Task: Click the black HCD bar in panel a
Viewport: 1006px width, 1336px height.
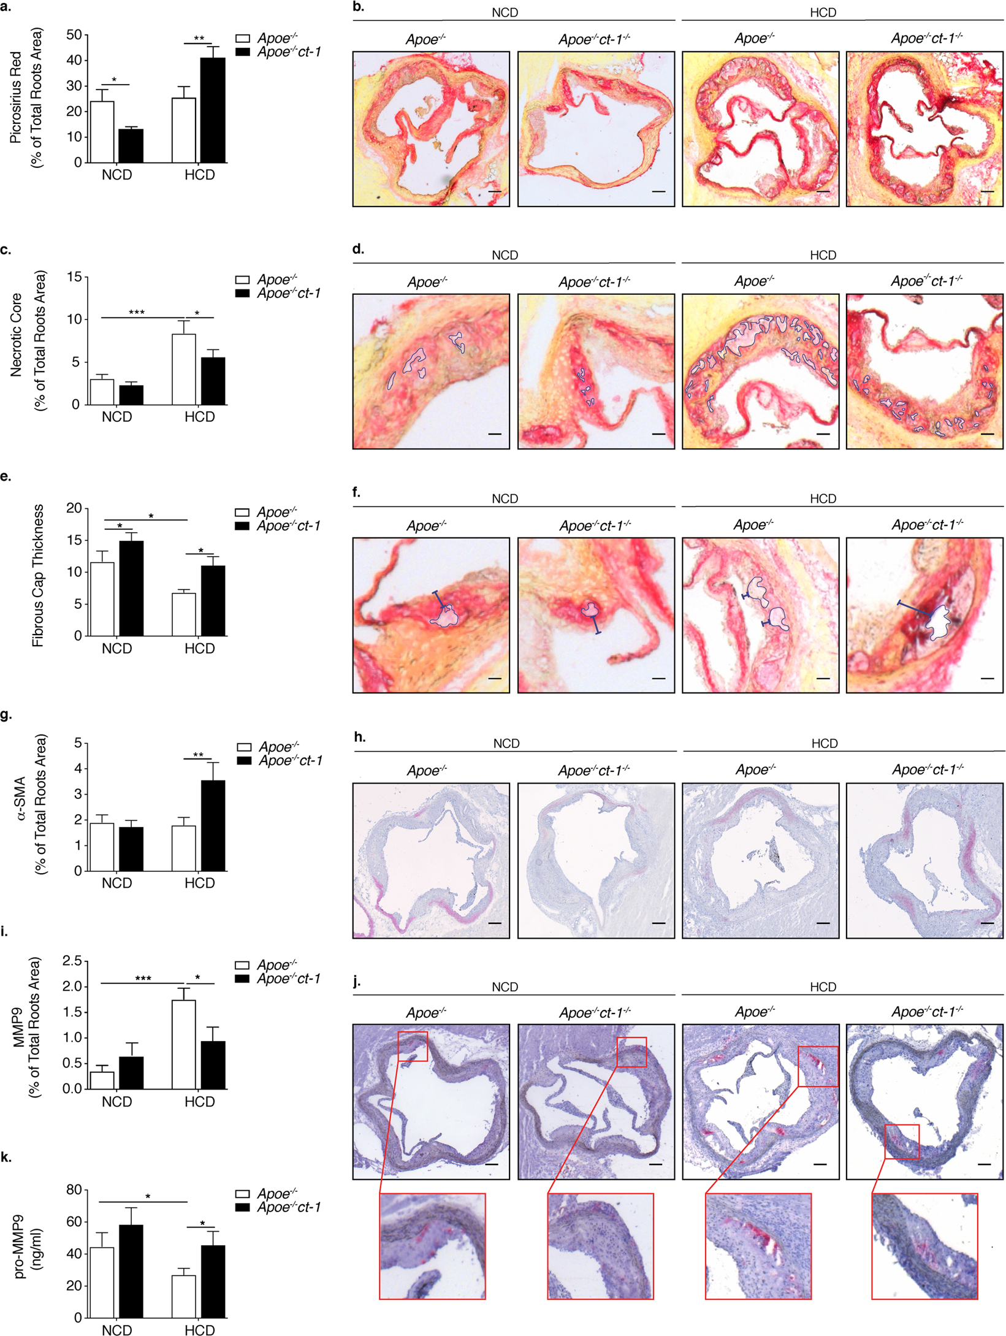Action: pyautogui.click(x=213, y=110)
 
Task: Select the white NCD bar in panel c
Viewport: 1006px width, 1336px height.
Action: pyautogui.click(x=102, y=392)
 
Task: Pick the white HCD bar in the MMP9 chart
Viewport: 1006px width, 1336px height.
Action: pyautogui.click(x=184, y=1045)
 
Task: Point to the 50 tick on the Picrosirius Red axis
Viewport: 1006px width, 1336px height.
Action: pyautogui.click(x=74, y=35)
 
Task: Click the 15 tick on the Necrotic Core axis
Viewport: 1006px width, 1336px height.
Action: pyautogui.click(x=74, y=277)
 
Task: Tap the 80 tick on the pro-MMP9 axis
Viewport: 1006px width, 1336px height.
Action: pyautogui.click(x=74, y=1190)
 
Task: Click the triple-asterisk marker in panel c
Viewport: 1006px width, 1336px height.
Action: pyautogui.click(x=137, y=313)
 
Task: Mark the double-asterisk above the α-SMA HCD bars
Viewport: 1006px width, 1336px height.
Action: pyautogui.click(x=198, y=755)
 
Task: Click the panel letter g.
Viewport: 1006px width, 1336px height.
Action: pyautogui.click(x=6, y=715)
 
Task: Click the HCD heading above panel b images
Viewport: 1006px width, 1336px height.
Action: pyautogui.click(x=823, y=13)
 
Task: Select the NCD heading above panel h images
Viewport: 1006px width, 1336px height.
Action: pyautogui.click(x=506, y=744)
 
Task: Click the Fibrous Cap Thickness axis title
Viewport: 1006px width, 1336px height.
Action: pyautogui.click(x=38, y=576)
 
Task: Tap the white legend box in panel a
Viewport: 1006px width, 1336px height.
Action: pyautogui.click(x=243, y=39)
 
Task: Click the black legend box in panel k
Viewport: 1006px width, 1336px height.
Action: pyautogui.click(x=243, y=1207)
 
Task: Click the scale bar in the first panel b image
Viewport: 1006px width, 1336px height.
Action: pyautogui.click(x=495, y=192)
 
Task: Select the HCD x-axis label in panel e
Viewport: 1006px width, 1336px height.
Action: pyautogui.click(x=200, y=649)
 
